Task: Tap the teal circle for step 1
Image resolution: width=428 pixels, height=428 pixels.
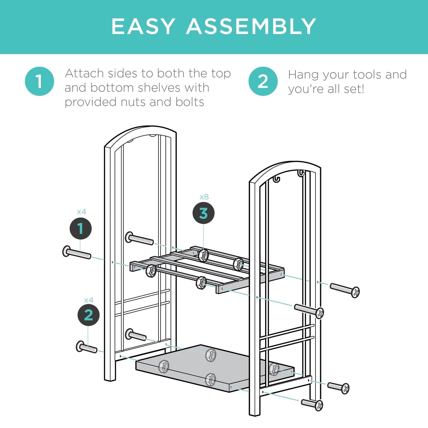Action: (x=39, y=81)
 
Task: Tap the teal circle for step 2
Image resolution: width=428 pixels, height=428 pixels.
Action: (x=263, y=81)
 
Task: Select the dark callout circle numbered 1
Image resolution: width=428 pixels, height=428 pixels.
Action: (x=81, y=229)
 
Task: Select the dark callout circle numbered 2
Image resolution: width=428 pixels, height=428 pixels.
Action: (x=89, y=315)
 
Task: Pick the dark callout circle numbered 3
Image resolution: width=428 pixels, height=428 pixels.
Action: (x=203, y=213)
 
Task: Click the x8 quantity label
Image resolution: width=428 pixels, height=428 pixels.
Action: (x=204, y=197)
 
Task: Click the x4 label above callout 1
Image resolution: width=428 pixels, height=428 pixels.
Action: (x=81, y=212)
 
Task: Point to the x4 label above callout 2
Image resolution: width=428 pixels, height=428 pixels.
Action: (x=89, y=300)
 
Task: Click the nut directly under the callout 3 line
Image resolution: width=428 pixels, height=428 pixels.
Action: (x=203, y=255)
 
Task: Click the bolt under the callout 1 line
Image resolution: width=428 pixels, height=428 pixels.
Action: (x=77, y=253)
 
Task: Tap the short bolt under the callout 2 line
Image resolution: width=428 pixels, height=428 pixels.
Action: (x=86, y=347)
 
